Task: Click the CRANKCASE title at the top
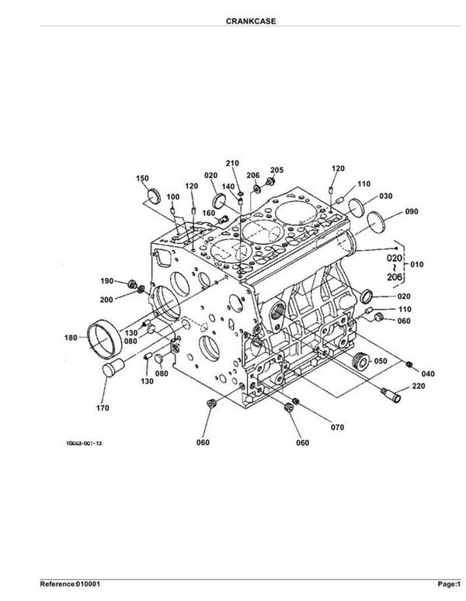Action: pos(251,21)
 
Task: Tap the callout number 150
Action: pos(142,179)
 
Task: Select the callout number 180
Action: pos(71,338)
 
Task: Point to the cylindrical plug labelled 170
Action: pos(113,368)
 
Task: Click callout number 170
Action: pos(103,408)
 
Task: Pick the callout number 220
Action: pos(418,386)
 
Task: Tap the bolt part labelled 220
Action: pos(391,394)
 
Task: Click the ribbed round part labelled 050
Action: pos(360,360)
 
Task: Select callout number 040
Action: pos(428,373)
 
